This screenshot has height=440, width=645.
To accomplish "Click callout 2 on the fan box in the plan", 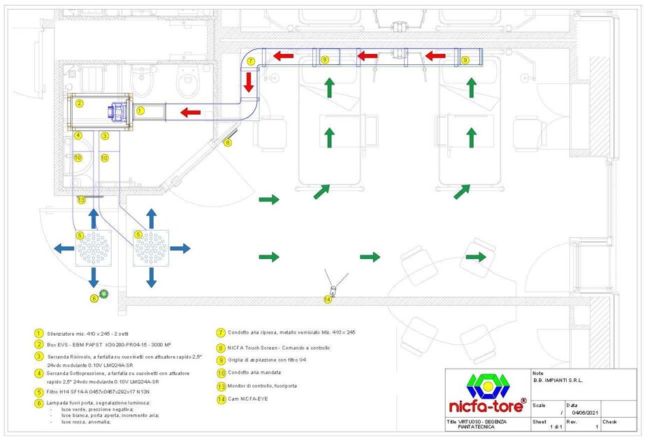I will pyautogui.click(x=80, y=104).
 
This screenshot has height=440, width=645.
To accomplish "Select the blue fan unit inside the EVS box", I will pyautogui.click(x=116, y=111).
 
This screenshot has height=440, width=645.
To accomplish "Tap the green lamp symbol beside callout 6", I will pyautogui.click(x=104, y=294).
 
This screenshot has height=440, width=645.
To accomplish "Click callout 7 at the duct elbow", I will pyautogui.click(x=250, y=61).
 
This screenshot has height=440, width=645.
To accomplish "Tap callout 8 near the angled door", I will pyautogui.click(x=227, y=143).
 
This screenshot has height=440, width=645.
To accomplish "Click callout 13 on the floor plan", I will pyautogui.click(x=81, y=200).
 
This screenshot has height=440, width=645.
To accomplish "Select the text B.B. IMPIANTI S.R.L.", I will pyautogui.click(x=558, y=381).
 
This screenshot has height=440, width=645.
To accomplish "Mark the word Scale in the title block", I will pyautogui.click(x=539, y=404).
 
